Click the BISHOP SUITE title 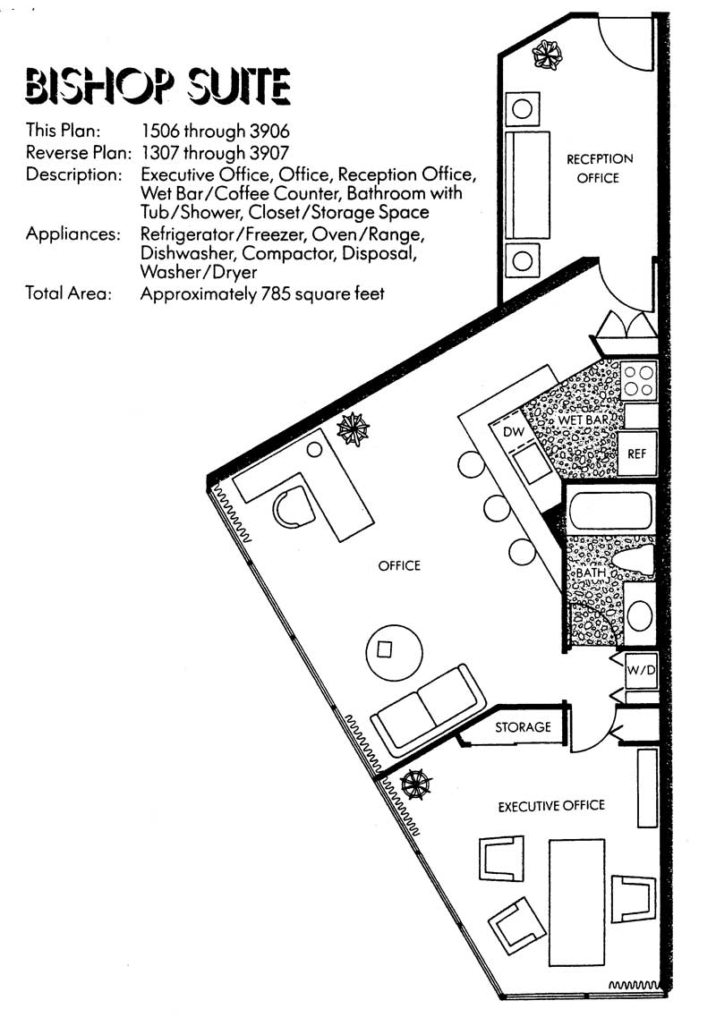158,86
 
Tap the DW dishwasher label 514,432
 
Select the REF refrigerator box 637,454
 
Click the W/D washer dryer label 641,670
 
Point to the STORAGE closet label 523,727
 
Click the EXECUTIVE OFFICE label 551,805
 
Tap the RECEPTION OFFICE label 600,168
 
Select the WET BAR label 584,420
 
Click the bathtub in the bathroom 610,511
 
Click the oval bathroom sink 639,615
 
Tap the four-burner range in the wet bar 639,381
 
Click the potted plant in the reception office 547,55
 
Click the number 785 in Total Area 276,293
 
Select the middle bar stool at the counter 497,508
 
